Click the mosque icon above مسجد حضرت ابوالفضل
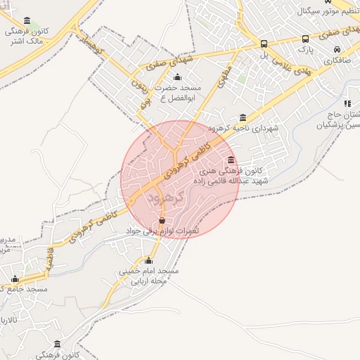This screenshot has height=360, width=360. pos(176,77)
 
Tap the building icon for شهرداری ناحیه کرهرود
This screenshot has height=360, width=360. pos(243,117)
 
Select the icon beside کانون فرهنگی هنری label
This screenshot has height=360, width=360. pos(231,160)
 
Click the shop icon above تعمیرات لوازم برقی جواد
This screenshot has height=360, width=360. pos(162,221)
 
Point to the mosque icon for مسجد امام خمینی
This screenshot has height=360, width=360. pos(149,260)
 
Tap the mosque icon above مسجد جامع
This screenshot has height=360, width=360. pos(15,279)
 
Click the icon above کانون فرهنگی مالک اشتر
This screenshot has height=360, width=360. pos(27,21)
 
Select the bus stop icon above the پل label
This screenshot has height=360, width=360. pos(264,43)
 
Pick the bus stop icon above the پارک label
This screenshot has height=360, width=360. pos(305,39)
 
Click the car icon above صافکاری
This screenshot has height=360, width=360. pos(337,50)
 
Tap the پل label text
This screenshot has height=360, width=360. pos(264,54)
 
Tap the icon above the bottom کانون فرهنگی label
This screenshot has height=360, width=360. pos(58,344)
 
